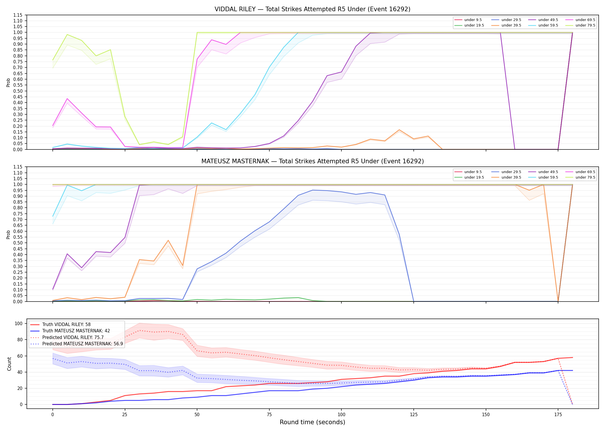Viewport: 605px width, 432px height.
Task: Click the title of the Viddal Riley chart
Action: click(x=312, y=9)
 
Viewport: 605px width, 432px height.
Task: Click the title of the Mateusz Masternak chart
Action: click(x=312, y=161)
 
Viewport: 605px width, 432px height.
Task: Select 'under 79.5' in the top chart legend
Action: click(x=585, y=25)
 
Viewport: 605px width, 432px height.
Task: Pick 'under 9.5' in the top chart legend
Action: click(x=473, y=20)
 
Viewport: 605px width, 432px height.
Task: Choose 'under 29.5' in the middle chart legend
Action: click(x=511, y=172)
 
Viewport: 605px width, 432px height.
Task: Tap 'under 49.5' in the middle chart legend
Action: click(x=548, y=172)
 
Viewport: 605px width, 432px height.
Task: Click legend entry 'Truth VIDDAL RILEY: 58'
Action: click(x=66, y=325)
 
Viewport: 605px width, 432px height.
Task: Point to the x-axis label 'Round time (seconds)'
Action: click(x=312, y=422)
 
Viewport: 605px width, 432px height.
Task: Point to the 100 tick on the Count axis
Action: click(x=18, y=323)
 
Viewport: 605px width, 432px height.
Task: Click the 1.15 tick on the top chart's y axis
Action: click(x=18, y=15)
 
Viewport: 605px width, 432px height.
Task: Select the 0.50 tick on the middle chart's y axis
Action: click(x=18, y=243)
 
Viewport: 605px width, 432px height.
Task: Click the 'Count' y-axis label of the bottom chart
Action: click(x=10, y=364)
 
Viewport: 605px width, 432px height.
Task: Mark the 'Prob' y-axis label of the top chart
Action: click(x=8, y=82)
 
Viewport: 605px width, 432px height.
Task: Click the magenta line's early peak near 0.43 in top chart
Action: click(x=67, y=99)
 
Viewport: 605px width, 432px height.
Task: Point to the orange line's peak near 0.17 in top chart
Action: click(x=399, y=130)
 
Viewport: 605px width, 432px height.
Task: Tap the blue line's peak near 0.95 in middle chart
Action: click(x=313, y=190)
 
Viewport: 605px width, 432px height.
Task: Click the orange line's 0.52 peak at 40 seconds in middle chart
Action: click(x=168, y=240)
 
